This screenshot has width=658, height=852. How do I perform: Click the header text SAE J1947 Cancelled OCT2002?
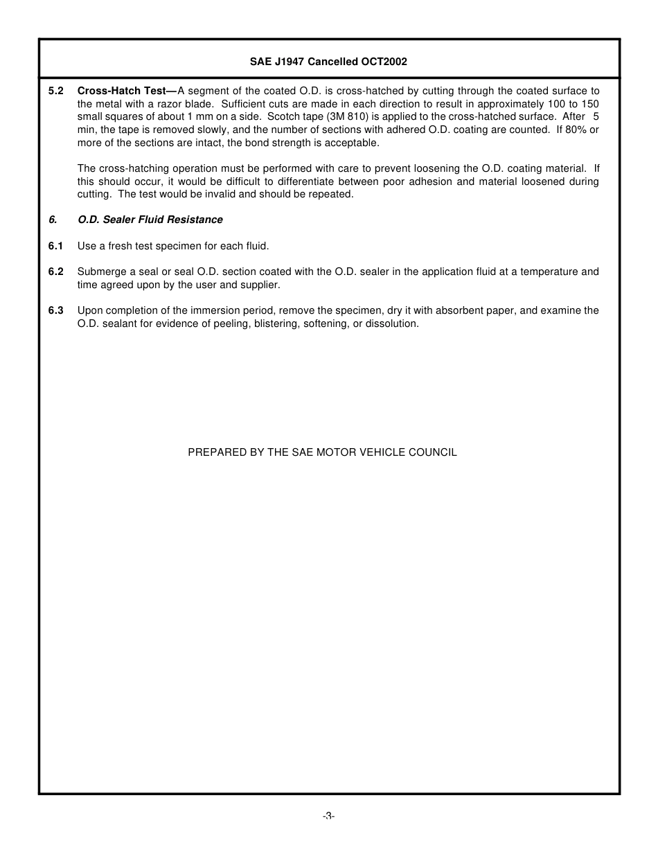point(328,62)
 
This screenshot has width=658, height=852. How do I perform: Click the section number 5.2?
point(56,91)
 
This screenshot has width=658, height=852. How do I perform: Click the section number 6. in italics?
point(53,220)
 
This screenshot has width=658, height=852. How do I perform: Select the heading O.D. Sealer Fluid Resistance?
point(150,220)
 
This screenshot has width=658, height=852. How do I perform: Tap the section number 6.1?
point(56,246)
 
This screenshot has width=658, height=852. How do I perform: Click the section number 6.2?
point(56,272)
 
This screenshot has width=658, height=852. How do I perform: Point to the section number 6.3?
point(56,310)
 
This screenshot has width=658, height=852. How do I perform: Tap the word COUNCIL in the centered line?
point(433,452)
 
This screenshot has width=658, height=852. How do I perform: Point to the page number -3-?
point(328,816)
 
